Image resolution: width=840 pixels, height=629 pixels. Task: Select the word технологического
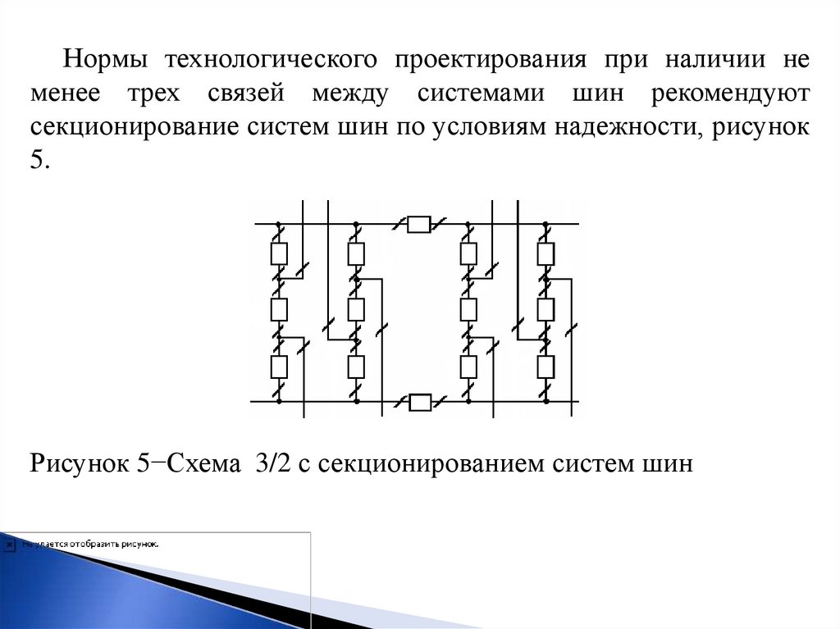click(270, 61)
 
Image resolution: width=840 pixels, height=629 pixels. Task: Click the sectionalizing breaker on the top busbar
click(418, 224)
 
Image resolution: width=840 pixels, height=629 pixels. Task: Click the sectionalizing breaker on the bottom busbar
click(420, 402)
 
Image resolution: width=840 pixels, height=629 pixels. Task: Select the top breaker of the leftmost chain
click(279, 253)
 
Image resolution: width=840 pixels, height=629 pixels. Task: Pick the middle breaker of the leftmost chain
click(279, 309)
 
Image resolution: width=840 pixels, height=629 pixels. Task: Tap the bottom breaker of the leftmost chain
click(279, 366)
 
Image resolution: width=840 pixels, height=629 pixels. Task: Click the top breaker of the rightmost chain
click(546, 253)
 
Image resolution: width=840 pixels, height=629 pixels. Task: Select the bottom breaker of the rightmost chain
click(546, 366)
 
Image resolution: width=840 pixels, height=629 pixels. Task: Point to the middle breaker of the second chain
click(356, 309)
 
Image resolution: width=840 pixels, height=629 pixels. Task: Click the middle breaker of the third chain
click(468, 309)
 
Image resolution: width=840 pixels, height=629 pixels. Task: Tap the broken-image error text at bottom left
click(90, 544)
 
